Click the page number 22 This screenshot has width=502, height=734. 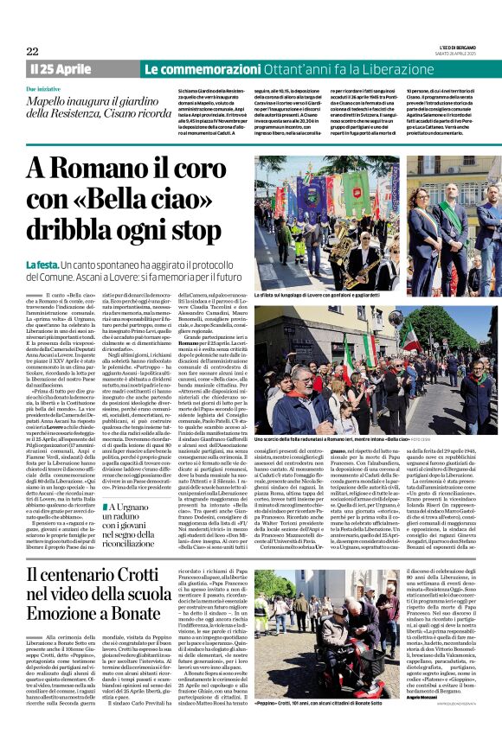(x=32, y=51)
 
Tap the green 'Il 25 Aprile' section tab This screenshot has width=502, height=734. (x=61, y=68)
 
